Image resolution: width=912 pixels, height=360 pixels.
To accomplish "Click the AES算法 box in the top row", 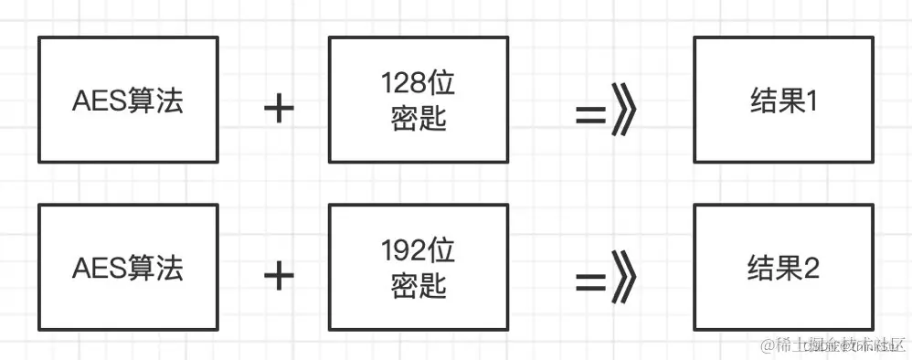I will point(128,100).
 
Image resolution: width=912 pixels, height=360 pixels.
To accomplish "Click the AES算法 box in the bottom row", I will point(128,267).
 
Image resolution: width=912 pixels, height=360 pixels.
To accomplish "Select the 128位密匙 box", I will point(418,100).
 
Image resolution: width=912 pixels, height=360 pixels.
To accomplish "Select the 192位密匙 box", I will point(418,267).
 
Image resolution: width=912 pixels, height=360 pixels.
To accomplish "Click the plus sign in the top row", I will point(279,109).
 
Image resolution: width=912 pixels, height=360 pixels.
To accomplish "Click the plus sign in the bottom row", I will point(279,275).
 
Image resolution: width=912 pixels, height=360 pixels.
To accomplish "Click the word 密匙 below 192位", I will point(418,286).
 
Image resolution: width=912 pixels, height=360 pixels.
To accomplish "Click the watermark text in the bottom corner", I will point(827,344).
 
